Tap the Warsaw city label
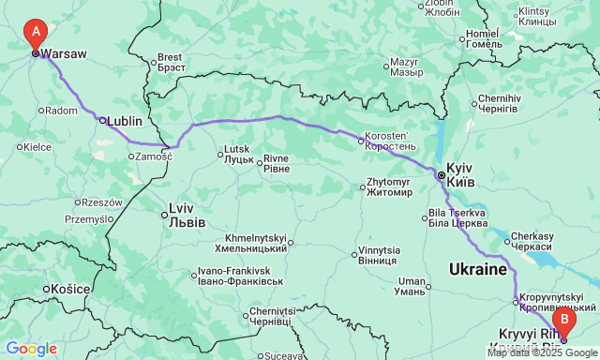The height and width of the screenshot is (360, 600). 64,54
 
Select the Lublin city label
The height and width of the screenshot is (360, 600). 125,121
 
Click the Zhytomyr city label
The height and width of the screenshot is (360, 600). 388,186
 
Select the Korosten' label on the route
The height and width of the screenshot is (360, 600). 390,142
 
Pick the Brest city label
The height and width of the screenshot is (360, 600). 170,62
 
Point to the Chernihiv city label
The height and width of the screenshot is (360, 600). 498,103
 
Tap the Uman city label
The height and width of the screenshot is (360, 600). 412,286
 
